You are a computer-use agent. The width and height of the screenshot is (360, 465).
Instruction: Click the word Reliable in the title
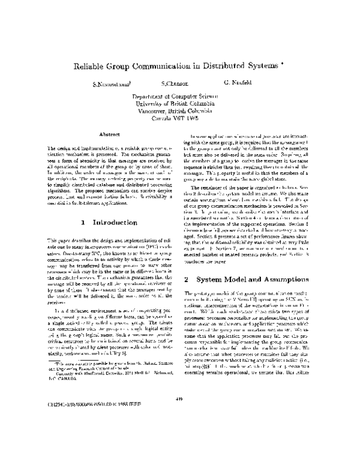tap(88, 67)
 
